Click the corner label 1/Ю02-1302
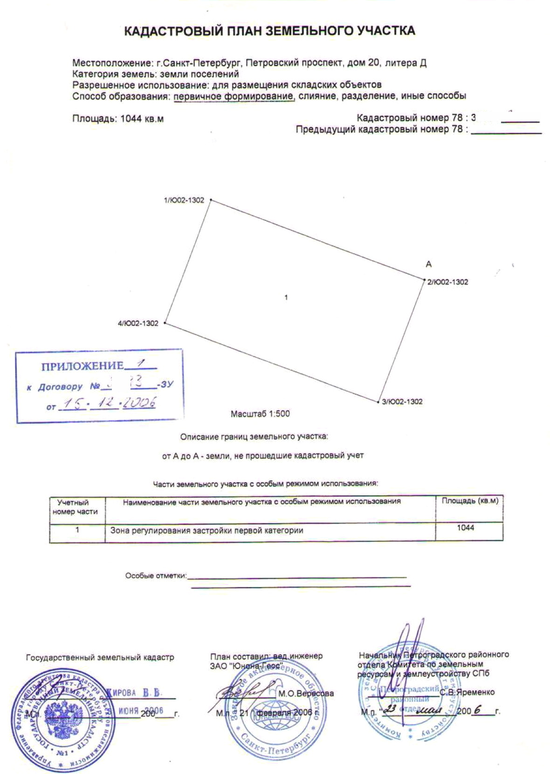pyautogui.click(x=184, y=200)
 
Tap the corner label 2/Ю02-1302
pyautogui.click(x=447, y=282)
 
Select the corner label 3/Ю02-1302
pyautogui.click(x=402, y=401)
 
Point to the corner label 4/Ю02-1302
pyautogui.click(x=138, y=323)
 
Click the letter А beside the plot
pyautogui.click(x=429, y=264)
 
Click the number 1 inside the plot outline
pyautogui.click(x=286, y=297)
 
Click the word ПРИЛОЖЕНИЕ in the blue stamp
pyautogui.click(x=82, y=366)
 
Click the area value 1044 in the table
pyautogui.click(x=466, y=527)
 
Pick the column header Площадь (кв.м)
pyautogui.click(x=470, y=501)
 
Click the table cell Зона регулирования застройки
pyautogui.click(x=206, y=530)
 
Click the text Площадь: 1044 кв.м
pyautogui.click(x=118, y=118)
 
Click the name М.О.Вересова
pyautogui.click(x=306, y=693)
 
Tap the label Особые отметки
pyautogui.click(x=155, y=576)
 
